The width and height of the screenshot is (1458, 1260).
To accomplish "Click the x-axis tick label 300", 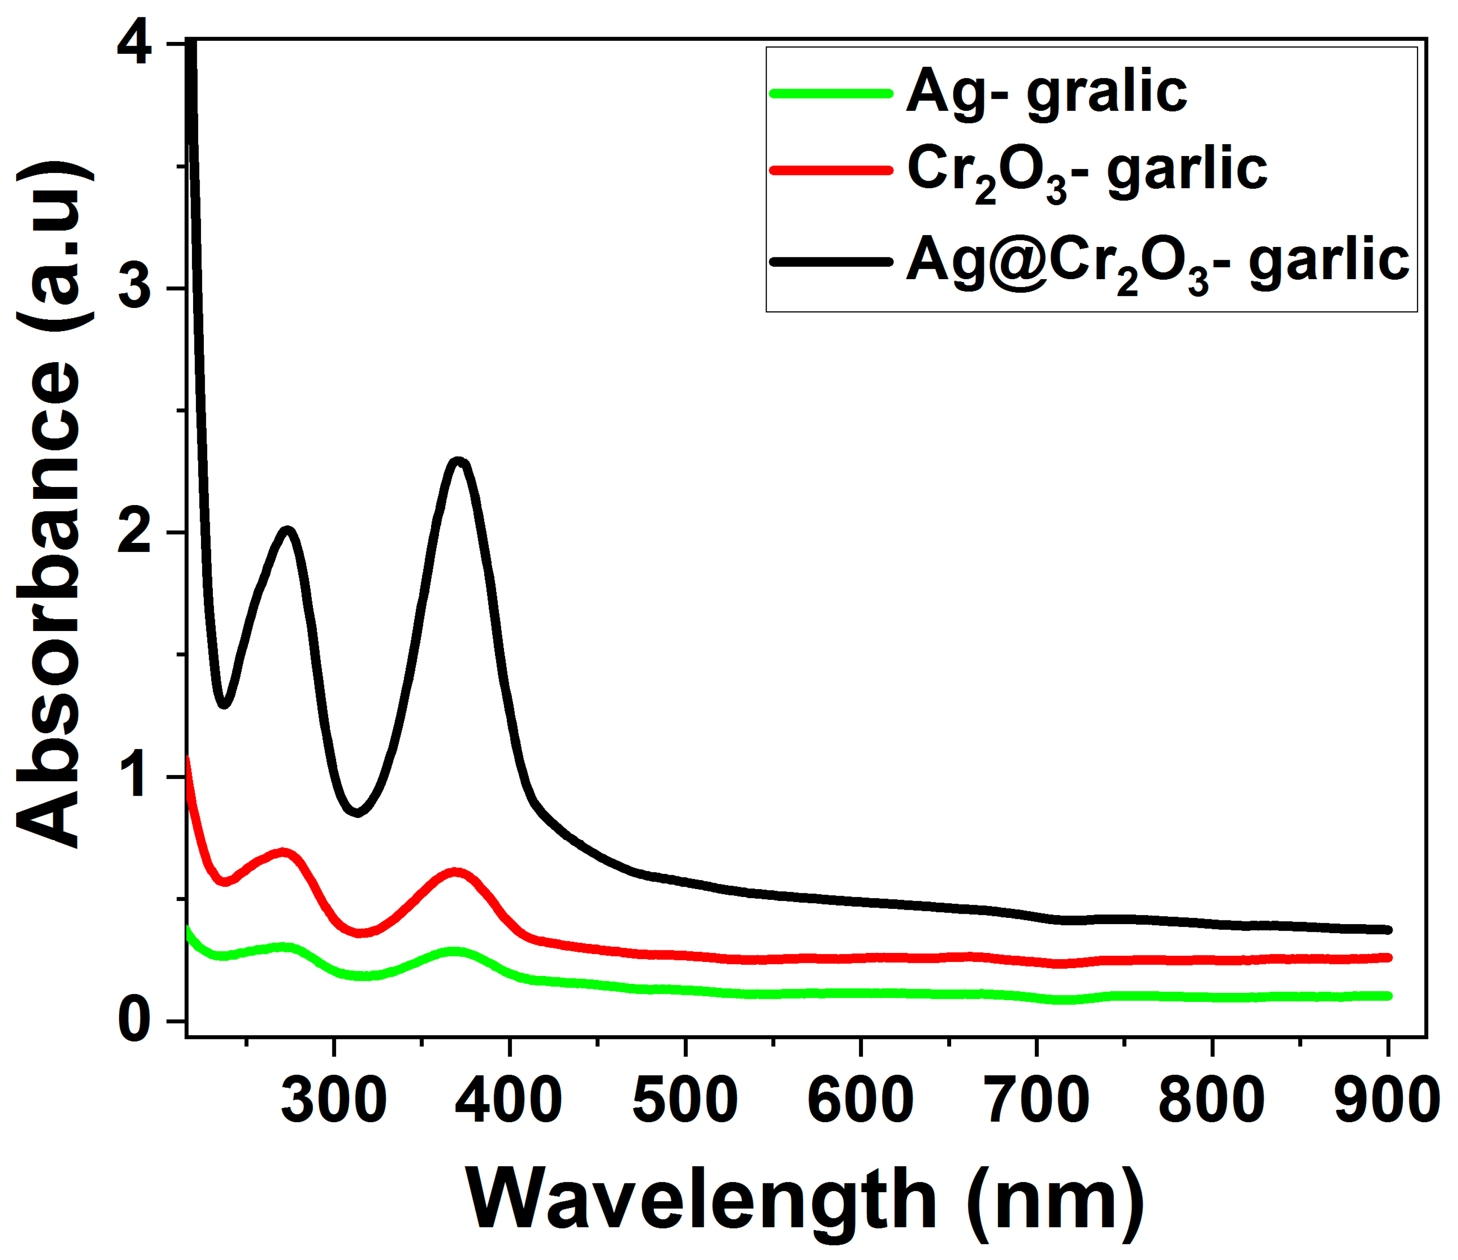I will (x=334, y=1101).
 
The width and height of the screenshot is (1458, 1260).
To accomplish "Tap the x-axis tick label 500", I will (x=685, y=1101).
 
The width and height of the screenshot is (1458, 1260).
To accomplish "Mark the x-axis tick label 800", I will (x=1212, y=1101).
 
